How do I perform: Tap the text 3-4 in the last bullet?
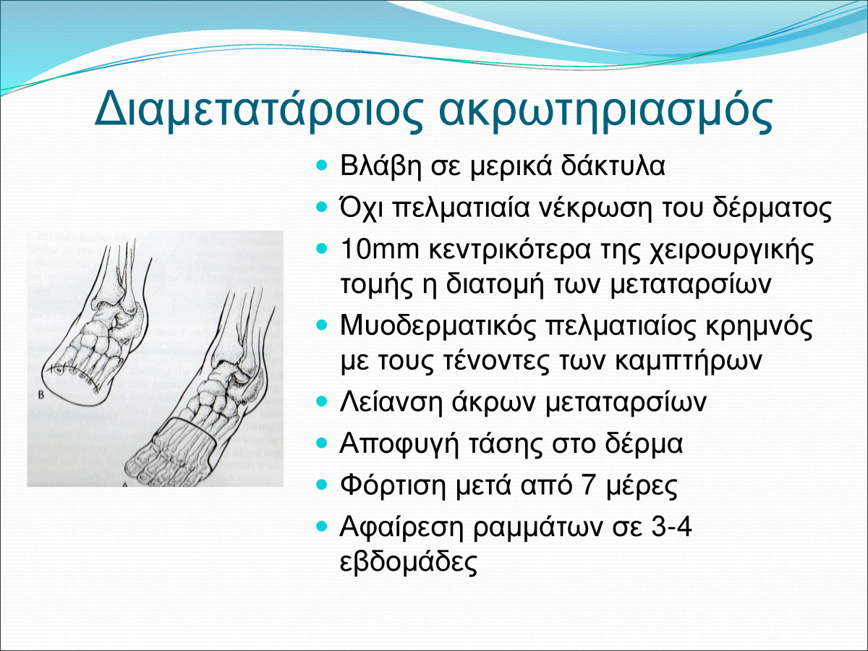tap(671, 526)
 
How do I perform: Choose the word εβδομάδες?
tap(409, 561)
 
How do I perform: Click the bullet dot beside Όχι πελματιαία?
tap(323, 207)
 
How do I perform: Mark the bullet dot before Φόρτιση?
tap(323, 485)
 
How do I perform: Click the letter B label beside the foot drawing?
tap(41, 394)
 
